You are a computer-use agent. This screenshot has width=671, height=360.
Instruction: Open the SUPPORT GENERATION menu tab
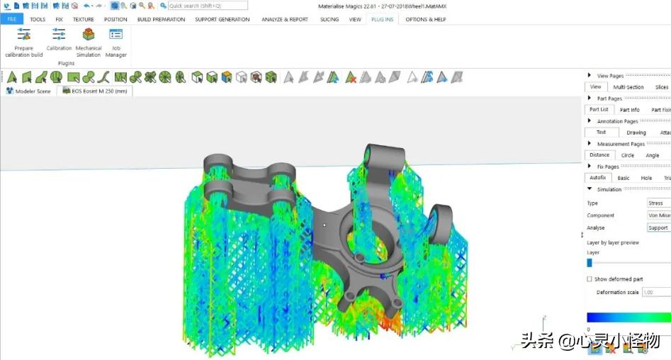click(x=222, y=19)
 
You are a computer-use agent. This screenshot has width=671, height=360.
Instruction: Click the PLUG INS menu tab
click(x=382, y=19)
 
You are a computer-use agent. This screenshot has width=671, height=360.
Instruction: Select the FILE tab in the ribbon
click(x=12, y=19)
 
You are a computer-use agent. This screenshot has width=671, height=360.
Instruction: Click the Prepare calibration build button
click(x=24, y=43)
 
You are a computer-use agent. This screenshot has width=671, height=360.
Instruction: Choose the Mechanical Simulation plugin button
click(x=89, y=43)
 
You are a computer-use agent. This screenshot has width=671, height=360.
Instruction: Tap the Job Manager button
click(x=115, y=43)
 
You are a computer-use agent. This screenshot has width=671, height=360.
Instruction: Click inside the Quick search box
click(x=207, y=6)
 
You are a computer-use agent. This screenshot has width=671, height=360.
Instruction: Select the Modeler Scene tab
click(x=28, y=91)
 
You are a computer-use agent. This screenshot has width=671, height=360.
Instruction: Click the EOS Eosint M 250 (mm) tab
click(x=94, y=91)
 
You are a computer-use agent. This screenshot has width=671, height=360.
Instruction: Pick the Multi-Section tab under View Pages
click(x=628, y=87)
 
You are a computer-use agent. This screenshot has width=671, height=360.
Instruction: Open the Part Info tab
click(x=629, y=110)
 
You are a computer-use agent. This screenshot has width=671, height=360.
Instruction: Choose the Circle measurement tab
click(x=628, y=155)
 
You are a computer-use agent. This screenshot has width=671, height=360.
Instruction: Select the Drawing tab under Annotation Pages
click(x=636, y=133)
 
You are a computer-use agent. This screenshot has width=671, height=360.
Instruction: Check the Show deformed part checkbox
click(x=590, y=279)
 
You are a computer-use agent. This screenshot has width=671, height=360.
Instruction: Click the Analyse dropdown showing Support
click(x=658, y=227)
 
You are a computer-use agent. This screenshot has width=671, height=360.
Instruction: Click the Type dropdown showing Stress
click(x=658, y=203)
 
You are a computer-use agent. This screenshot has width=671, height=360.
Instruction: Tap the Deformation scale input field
click(x=656, y=292)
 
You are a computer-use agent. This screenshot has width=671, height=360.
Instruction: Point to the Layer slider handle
click(x=590, y=262)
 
